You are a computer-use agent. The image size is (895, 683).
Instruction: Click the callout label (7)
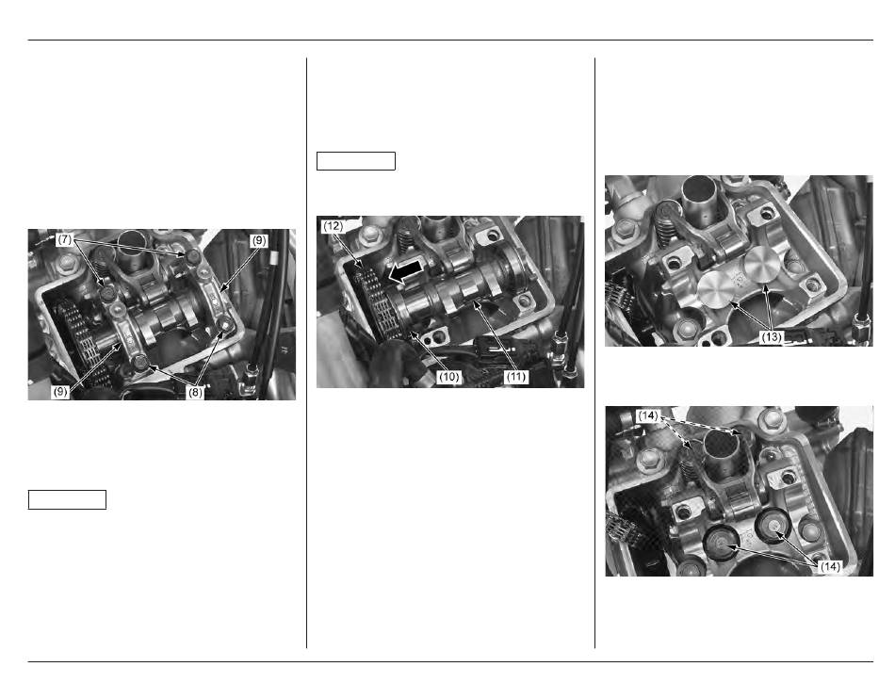click(x=65, y=239)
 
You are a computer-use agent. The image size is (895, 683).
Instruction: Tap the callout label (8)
click(x=195, y=393)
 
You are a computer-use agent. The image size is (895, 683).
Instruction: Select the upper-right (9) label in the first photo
click(x=259, y=241)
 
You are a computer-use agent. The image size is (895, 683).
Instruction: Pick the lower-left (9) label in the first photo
click(x=60, y=392)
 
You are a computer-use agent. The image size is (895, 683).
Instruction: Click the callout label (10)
click(x=449, y=377)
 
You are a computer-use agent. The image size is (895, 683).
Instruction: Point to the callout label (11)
click(x=516, y=377)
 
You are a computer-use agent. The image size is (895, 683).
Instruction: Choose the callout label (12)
click(x=333, y=226)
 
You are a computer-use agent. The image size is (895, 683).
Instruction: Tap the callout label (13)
click(x=772, y=336)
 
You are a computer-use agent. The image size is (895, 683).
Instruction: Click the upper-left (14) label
click(x=648, y=416)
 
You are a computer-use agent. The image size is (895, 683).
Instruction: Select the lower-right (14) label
click(x=829, y=566)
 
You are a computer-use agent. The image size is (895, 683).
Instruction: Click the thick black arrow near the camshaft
click(x=406, y=270)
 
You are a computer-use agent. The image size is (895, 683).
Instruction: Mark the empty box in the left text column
click(x=67, y=499)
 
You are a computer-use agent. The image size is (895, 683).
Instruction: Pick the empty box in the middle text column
click(x=355, y=161)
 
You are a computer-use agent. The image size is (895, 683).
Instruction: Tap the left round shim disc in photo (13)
click(x=717, y=288)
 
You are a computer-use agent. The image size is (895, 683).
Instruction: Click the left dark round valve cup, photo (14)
click(x=722, y=544)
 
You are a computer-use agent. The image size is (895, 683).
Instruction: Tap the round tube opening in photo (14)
click(x=722, y=441)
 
